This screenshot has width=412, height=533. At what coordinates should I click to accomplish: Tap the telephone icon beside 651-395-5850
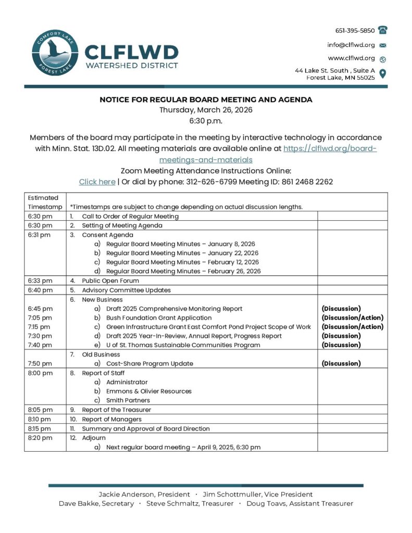pyautogui.click(x=383, y=30)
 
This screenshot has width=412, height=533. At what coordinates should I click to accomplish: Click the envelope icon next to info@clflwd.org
pyautogui.click(x=383, y=45)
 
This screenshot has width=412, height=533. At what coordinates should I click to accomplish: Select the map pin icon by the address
pyautogui.click(x=383, y=73)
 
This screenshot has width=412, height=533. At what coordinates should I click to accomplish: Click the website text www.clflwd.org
pyautogui.click(x=351, y=58)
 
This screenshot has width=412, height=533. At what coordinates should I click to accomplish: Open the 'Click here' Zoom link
pyautogui.click(x=97, y=182)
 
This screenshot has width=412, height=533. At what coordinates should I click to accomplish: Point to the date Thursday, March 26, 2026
pyautogui.click(x=206, y=110)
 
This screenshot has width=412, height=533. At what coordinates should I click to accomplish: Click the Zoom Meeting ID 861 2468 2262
pyautogui.click(x=307, y=182)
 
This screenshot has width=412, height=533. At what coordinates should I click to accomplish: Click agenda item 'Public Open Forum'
pyautogui.click(x=110, y=281)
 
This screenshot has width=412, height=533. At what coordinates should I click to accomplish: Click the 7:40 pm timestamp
pyautogui.click(x=40, y=345)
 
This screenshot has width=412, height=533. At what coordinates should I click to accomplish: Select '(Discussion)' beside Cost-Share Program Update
pyautogui.click(x=341, y=363)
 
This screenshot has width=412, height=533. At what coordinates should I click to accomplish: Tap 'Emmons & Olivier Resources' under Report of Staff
pyautogui.click(x=149, y=391)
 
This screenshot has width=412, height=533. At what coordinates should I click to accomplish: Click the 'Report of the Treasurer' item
pyautogui.click(x=116, y=410)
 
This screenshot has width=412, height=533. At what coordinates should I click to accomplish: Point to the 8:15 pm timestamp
pyautogui.click(x=40, y=428)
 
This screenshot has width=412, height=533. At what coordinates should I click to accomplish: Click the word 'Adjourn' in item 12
pyautogui.click(x=94, y=438)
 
